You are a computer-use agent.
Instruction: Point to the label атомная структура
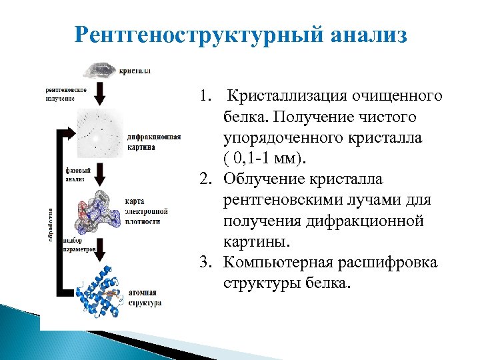(x=144, y=297)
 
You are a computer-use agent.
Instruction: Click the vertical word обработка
(x=50, y=223)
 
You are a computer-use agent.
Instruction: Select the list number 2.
(x=206, y=179)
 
